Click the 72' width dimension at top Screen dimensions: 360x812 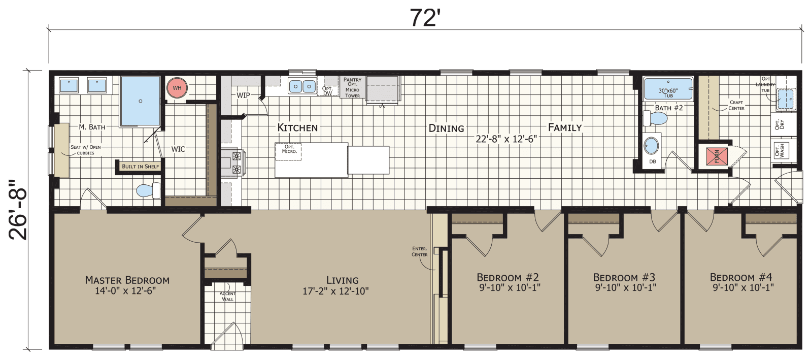pyautogui.click(x=424, y=18)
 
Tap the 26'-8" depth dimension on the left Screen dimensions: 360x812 pyautogui.click(x=19, y=209)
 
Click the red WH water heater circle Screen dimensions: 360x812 pyautogui.click(x=177, y=88)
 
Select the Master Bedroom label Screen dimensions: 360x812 pyautogui.click(x=127, y=280)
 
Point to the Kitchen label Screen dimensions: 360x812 pyautogui.click(x=297, y=127)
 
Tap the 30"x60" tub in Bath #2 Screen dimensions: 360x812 pyautogui.click(x=668, y=89)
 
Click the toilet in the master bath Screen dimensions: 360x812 pyautogui.click(x=148, y=190)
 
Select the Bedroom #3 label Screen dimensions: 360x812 pyautogui.click(x=624, y=277)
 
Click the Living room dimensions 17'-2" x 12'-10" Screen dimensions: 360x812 pyautogui.click(x=336, y=291)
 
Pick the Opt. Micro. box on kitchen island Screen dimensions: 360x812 pyautogui.click(x=289, y=149)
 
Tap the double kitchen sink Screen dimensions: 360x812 pyautogui.click(x=302, y=86)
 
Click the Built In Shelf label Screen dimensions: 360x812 pyautogui.click(x=140, y=166)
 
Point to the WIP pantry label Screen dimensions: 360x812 pyautogui.click(x=243, y=95)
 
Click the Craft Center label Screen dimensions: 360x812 pyautogui.click(x=736, y=105)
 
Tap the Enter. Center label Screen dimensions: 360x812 pyautogui.click(x=419, y=251)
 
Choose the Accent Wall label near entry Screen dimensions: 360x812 pyautogui.click(x=227, y=297)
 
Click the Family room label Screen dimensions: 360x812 pyautogui.click(x=564, y=127)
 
